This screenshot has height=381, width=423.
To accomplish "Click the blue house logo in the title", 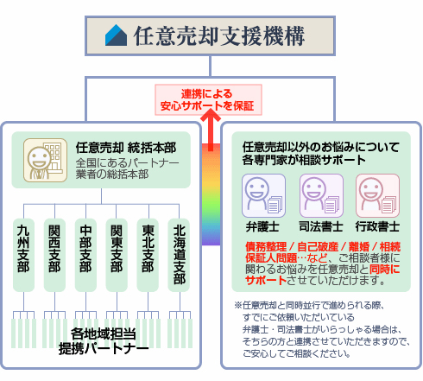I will (116, 35).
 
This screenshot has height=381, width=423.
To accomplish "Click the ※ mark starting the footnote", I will (238, 305).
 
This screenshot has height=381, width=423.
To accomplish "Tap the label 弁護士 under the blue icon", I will (261, 227).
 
